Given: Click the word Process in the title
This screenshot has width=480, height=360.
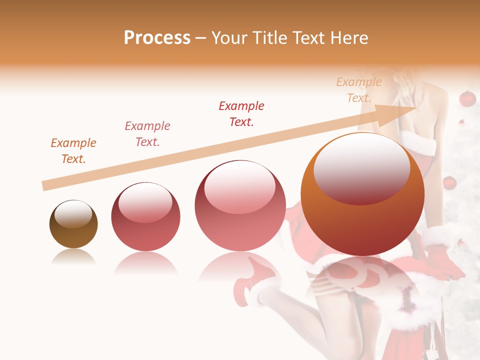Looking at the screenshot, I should tap(157, 38).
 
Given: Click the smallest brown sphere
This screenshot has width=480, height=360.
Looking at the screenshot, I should tap(73, 224).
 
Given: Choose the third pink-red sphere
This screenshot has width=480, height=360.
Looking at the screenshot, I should tap(240, 205).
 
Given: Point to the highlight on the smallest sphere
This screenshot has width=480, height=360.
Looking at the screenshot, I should tap(73, 214).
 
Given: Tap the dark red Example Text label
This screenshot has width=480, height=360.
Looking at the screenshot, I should tap(241, 114).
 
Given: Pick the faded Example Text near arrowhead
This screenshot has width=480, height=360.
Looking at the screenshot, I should tap(359, 90).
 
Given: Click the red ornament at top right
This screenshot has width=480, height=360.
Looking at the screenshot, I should tap(467, 99).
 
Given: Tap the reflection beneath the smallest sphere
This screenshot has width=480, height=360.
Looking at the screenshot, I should tap(73, 257).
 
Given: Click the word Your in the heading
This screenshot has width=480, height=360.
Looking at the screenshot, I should tap(229, 38).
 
